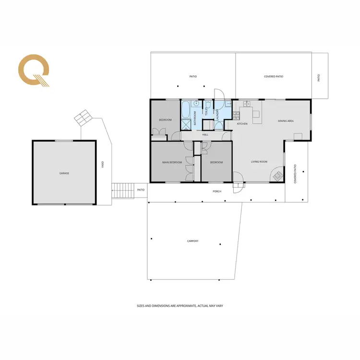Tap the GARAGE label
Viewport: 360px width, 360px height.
[x=64, y=173]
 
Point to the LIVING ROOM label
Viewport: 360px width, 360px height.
[x=259, y=162]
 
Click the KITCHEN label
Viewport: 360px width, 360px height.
[x=242, y=124]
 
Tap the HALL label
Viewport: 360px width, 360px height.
[x=205, y=135]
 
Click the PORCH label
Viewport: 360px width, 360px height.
[x=217, y=191]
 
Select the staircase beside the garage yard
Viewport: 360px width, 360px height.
[x=123, y=190]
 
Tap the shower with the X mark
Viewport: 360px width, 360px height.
[x=186, y=124]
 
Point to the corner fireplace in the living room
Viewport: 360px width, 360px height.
[x=277, y=176]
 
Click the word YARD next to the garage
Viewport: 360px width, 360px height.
[x=102, y=165]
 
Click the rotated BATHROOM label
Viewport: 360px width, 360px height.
[x=195, y=118]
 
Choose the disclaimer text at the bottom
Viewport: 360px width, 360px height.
[x=180, y=305]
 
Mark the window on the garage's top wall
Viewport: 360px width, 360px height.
[x=64, y=141]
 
